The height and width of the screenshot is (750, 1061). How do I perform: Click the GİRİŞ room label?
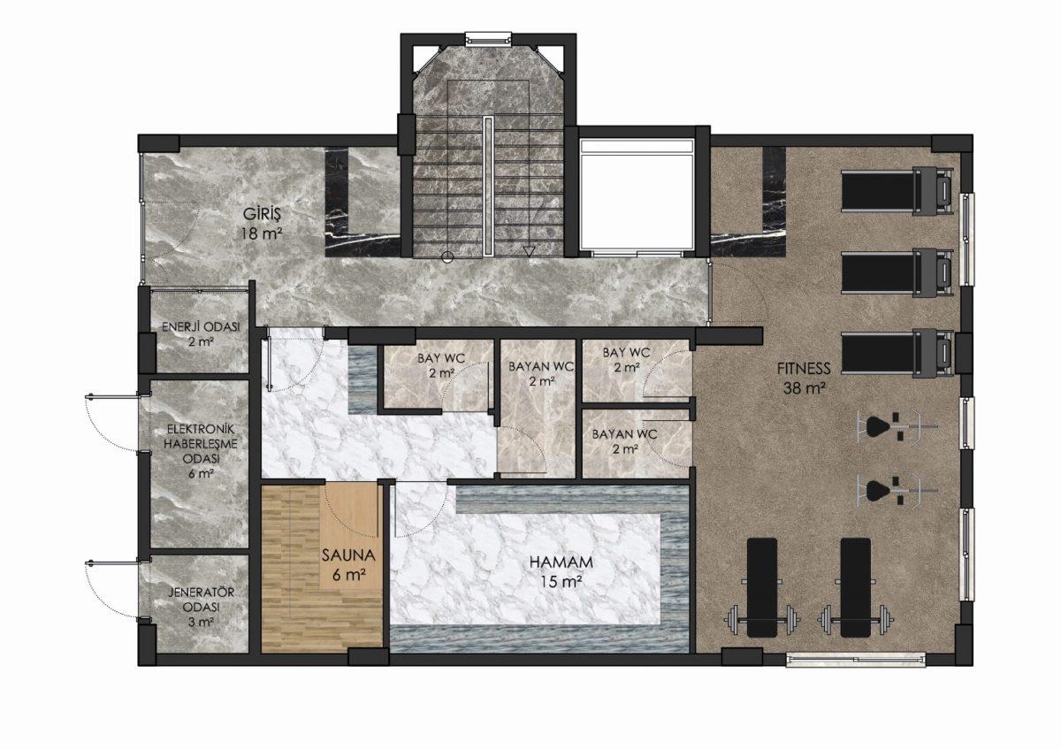pos(262,214)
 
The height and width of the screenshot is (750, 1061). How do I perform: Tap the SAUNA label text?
pos(348,555)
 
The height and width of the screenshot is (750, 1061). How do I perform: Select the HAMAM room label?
pos(561,562)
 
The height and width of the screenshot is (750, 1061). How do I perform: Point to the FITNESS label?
pos(804,368)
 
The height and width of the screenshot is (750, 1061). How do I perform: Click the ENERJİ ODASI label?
pos(201,327)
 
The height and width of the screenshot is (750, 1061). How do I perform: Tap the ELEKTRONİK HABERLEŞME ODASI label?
pos(201,444)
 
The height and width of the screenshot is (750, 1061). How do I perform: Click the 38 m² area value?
pos(805,388)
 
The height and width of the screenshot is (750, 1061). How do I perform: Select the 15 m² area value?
pos(561,581)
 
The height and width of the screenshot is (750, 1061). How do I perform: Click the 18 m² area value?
pos(262,233)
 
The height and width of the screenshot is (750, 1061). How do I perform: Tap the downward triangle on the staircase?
pos(529,251)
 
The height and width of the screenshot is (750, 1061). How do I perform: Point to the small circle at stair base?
pos(447,257)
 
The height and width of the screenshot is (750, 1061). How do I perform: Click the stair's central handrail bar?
pos(488,187)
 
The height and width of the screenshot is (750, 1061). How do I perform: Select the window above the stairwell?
pos(488,39)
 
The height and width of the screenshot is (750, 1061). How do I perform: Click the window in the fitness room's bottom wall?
pos(856,660)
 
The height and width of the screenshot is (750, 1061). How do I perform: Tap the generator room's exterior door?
pos(113,591)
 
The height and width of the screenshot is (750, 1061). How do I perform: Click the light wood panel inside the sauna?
pos(351,536)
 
